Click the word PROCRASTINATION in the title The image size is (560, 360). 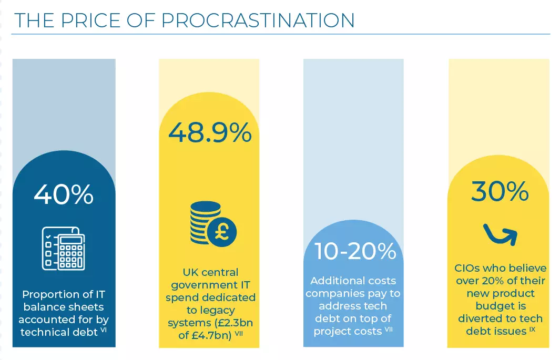tap(258, 20)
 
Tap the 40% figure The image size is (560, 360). tap(64, 194)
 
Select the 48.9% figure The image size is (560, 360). tap(210, 133)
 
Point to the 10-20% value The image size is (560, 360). tap(355, 251)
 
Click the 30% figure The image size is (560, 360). tap(500, 191)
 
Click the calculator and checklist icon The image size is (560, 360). tap(64, 249)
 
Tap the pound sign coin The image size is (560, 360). tap(221, 232)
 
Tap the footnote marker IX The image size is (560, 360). tap(532, 329)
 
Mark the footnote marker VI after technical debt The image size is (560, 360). tap(103, 330)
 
